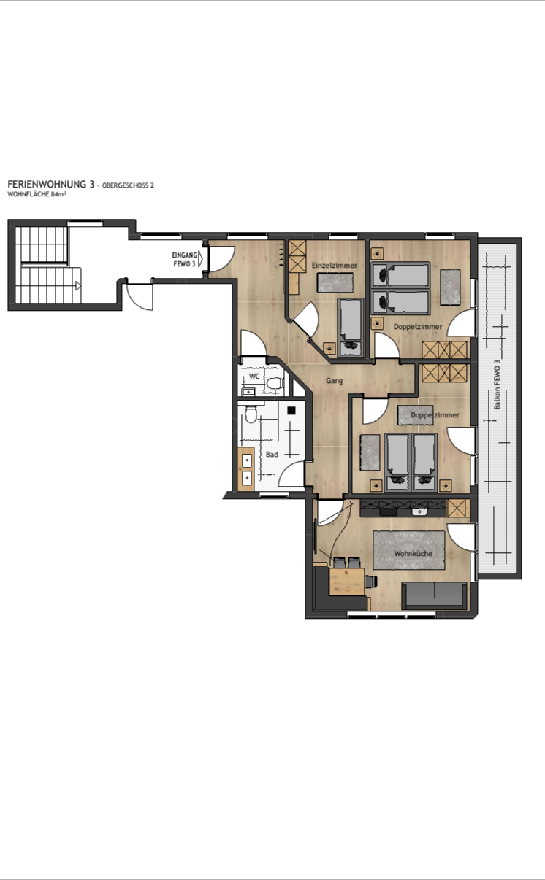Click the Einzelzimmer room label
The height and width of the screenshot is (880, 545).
click(335, 265)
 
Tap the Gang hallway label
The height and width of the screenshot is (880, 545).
click(335, 380)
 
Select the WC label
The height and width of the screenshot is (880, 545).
click(254, 376)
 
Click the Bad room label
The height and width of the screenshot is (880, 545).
click(272, 454)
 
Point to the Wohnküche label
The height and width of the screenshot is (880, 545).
click(413, 554)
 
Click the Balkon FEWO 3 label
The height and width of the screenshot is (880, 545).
click(498, 385)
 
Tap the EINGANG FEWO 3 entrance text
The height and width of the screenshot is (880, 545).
click(184, 260)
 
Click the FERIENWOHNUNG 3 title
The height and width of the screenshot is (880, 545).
click(51, 185)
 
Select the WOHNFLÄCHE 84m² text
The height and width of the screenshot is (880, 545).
click(37, 194)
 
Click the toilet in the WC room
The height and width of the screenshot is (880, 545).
click(275, 383)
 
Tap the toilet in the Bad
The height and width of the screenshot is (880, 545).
click(250, 414)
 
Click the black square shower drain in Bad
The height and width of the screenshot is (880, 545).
click(291, 410)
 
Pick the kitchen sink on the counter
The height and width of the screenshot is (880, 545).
click(419, 512)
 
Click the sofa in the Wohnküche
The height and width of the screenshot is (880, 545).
click(434, 596)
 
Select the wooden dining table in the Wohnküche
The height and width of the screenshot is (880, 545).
click(347, 582)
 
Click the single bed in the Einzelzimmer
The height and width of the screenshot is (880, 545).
click(351, 327)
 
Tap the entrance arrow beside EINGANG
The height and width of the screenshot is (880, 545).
click(201, 259)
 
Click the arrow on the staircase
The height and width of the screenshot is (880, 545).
click(79, 285)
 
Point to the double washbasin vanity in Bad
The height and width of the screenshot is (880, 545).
click(246, 469)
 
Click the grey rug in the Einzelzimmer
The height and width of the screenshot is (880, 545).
click(335, 282)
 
